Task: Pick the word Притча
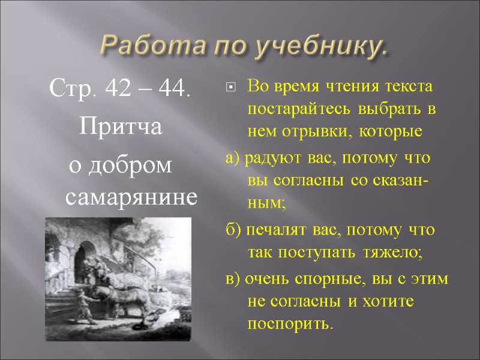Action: pyautogui.click(x=118, y=127)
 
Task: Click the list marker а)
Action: pyautogui.click(x=232, y=158)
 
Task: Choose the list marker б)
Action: pyautogui.click(x=232, y=230)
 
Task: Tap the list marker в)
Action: pyautogui.click(x=232, y=281)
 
